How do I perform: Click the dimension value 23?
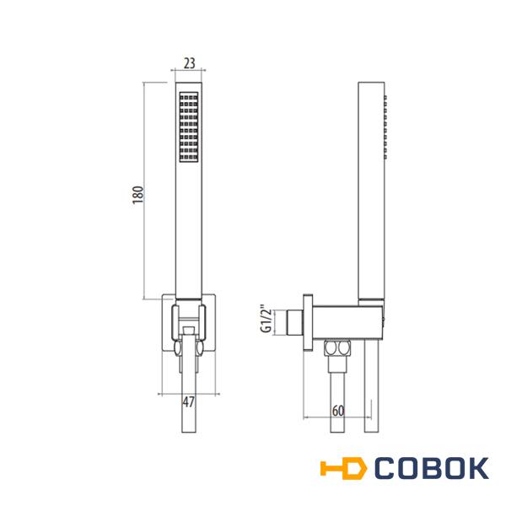(x=190, y=63)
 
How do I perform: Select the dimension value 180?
(x=137, y=195)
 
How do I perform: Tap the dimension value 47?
(x=189, y=402)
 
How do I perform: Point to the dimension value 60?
(x=338, y=411)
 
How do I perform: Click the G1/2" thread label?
(x=266, y=319)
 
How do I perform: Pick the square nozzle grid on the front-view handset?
(x=189, y=126)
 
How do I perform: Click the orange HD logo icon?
(x=344, y=467)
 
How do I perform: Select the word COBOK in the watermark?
(x=432, y=468)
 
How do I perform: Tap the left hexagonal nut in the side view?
(x=330, y=348)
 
